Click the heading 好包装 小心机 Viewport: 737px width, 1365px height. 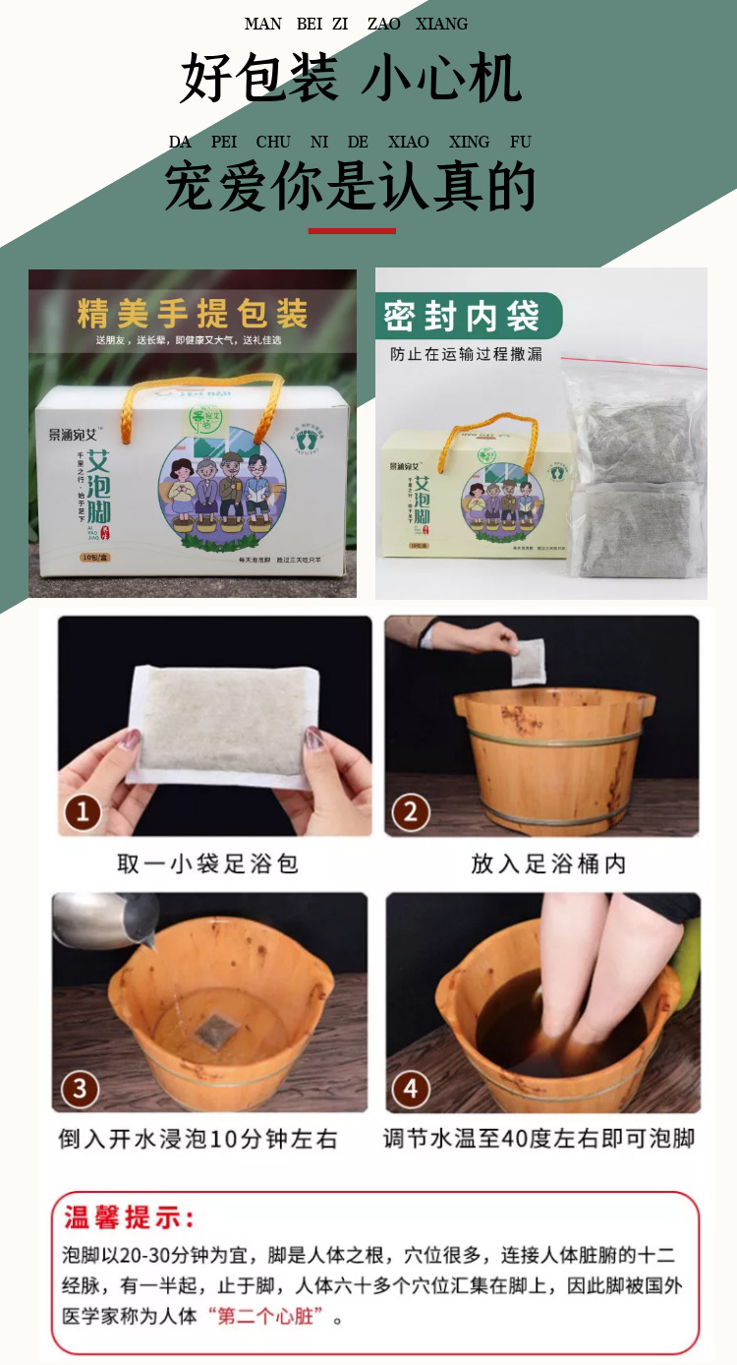click(x=351, y=80)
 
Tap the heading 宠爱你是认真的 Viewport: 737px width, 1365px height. click(x=350, y=187)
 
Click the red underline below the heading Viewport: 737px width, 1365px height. click(x=352, y=231)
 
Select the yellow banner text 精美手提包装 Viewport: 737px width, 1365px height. click(x=193, y=315)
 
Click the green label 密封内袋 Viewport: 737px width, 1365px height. click(x=462, y=317)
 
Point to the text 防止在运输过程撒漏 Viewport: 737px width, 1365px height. click(x=466, y=354)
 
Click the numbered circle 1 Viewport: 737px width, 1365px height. click(x=83, y=812)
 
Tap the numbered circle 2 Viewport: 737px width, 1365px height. click(x=411, y=812)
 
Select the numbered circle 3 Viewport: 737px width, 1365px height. click(x=81, y=1089)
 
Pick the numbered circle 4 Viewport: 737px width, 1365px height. click(x=411, y=1089)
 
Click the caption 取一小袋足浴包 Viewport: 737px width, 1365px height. click(x=207, y=863)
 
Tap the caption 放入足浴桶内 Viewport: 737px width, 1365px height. click(x=548, y=863)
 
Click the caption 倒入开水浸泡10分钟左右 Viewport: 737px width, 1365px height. click(x=198, y=1139)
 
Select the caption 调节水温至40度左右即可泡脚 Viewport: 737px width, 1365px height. click(x=539, y=1139)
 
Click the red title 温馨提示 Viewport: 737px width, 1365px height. click(x=130, y=1217)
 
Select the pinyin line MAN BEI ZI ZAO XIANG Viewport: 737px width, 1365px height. click(x=356, y=24)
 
